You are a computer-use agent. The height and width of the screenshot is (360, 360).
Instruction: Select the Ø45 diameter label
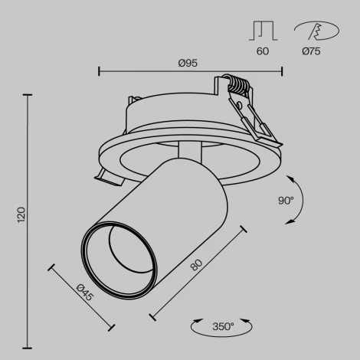click(85, 292)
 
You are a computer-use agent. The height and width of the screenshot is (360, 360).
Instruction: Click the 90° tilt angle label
click(286, 201)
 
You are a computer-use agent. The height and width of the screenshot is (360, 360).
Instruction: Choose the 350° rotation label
click(222, 327)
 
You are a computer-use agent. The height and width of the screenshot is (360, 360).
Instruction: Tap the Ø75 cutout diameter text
click(311, 51)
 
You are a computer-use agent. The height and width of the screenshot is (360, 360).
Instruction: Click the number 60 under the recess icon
click(262, 51)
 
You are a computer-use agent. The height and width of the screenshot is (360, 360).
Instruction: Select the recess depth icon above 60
click(262, 31)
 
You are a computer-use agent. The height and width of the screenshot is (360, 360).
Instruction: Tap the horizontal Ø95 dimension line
click(191, 72)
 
